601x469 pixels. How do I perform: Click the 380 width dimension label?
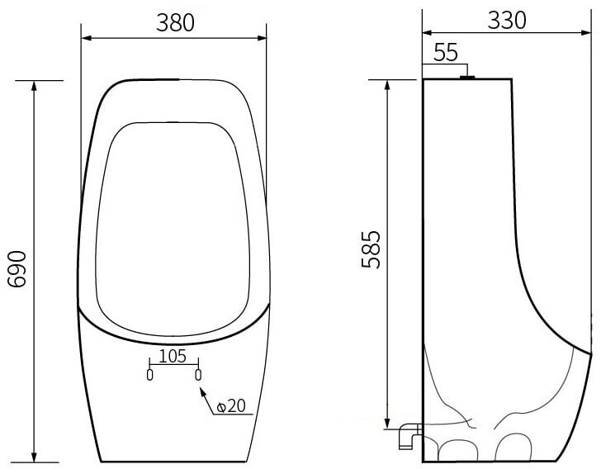(x=175, y=22)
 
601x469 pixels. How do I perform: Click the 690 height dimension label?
(x=17, y=269)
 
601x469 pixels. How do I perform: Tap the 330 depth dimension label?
(x=507, y=21)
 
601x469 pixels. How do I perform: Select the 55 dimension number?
(x=446, y=53)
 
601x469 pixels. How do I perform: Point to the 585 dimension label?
(x=371, y=249)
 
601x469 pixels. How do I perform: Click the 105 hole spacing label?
(x=173, y=356)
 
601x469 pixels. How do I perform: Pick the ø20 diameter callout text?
(x=231, y=406)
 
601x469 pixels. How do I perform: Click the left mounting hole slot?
(x=150, y=375)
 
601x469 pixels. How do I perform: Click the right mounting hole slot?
(x=198, y=375)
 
